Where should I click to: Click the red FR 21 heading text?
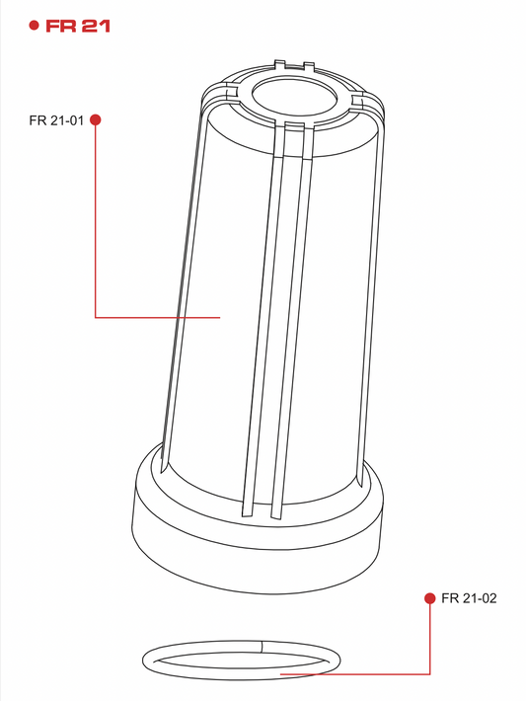coord(78,26)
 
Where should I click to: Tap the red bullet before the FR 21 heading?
coord(34,25)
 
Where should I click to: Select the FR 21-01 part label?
coord(56,120)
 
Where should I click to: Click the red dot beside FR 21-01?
coord(95,119)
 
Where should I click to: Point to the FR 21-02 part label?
coord(469,598)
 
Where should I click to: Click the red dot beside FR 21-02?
coord(430,598)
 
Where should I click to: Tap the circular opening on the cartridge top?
coord(294,96)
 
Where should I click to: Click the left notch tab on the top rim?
coord(279,65)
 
